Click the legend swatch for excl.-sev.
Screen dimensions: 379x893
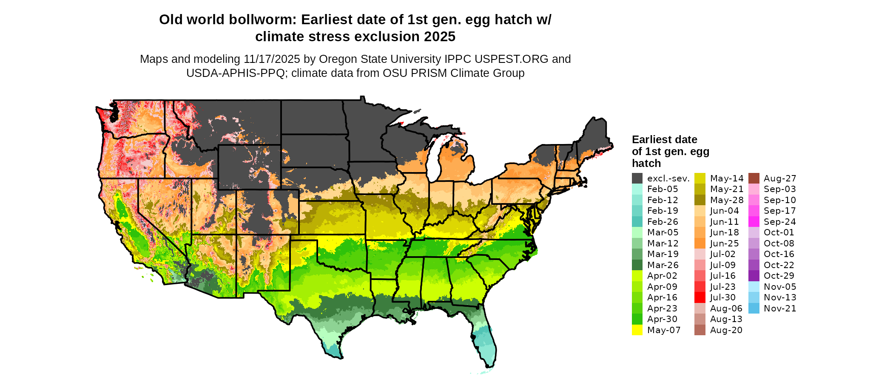click(x=637, y=178)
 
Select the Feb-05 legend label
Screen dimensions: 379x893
click(x=662, y=189)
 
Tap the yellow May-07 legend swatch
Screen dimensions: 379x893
click(x=637, y=330)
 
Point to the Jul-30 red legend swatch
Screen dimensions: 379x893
click(x=700, y=297)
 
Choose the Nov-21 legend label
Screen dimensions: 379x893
click(x=779, y=308)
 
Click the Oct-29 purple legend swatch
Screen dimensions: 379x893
click(x=754, y=276)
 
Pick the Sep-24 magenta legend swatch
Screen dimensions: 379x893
click(x=754, y=222)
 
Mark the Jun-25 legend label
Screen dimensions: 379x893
click(x=724, y=243)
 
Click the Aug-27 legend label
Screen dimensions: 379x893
click(x=779, y=178)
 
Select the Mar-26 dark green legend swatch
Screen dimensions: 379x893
click(x=637, y=265)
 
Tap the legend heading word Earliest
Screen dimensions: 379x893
click(x=652, y=140)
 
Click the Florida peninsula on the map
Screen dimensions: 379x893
click(x=485, y=340)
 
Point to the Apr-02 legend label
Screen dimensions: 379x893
click(x=662, y=276)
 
